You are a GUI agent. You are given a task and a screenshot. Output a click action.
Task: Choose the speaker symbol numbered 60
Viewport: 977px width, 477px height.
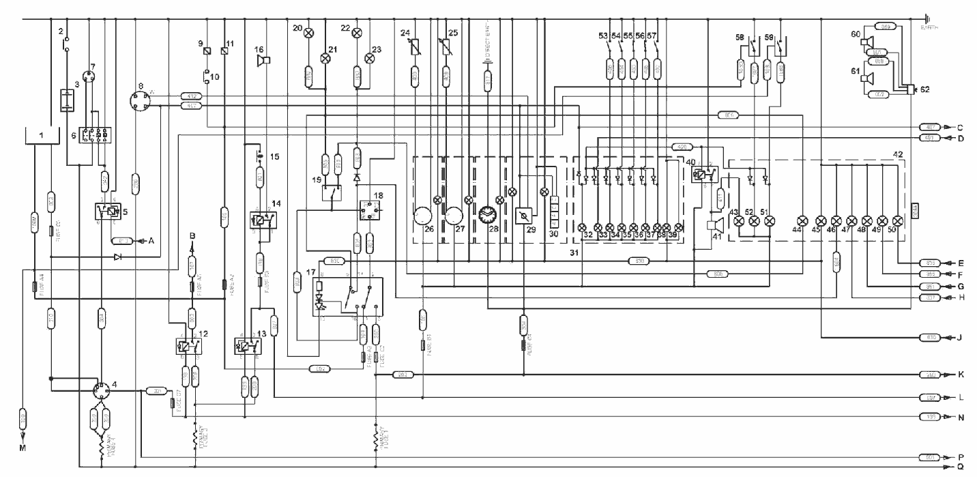pos(867,43)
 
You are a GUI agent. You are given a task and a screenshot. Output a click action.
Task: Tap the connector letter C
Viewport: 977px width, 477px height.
pos(959,127)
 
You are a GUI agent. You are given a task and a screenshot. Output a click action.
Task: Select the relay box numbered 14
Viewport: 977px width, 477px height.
pos(263,221)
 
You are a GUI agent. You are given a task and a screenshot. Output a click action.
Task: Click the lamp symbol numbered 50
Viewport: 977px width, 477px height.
pos(898,220)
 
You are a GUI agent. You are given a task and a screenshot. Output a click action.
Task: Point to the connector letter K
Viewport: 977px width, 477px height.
pos(959,375)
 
